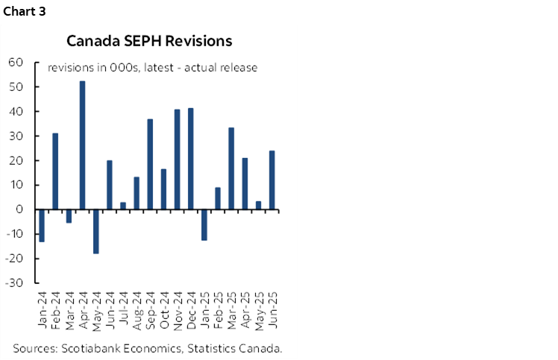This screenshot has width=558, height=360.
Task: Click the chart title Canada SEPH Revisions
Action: tap(149, 40)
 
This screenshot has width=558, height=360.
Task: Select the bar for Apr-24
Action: tap(82, 145)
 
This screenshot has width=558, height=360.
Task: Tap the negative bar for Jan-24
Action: tap(42, 226)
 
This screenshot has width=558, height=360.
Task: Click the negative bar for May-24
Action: tap(95, 232)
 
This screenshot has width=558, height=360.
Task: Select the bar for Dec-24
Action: tap(190, 159)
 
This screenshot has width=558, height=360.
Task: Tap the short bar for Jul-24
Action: tap(123, 206)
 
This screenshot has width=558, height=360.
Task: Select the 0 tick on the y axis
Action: tap(22, 210)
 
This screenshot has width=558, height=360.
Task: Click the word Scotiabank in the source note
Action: tap(91, 348)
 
